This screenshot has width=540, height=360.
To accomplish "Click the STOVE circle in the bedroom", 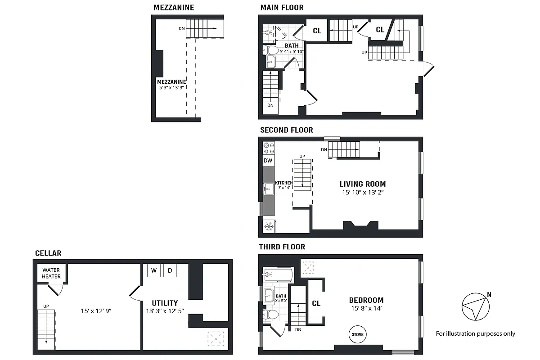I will [x=358, y=334].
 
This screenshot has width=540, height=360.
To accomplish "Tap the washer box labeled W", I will [x=153, y=270].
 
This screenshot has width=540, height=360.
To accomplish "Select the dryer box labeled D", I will [x=170, y=270].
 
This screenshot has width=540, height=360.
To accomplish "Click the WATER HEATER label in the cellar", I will [x=51, y=273].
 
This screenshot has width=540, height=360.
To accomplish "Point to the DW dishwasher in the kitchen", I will [x=268, y=161].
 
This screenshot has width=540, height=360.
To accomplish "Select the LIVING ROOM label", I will [x=362, y=184].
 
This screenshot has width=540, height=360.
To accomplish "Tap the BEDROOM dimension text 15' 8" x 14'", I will [x=366, y=309].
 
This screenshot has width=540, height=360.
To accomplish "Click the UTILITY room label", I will [x=165, y=303].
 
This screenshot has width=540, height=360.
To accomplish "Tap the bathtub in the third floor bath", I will [x=277, y=274].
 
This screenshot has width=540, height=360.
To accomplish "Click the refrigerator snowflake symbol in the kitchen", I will [x=269, y=226].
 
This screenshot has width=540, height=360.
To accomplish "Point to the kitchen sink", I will [x=269, y=189].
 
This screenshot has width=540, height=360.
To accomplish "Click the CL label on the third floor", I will [x=316, y=303].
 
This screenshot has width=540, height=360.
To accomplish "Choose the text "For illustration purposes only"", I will [x=475, y=333].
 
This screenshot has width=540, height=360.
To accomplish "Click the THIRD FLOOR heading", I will [x=282, y=247].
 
